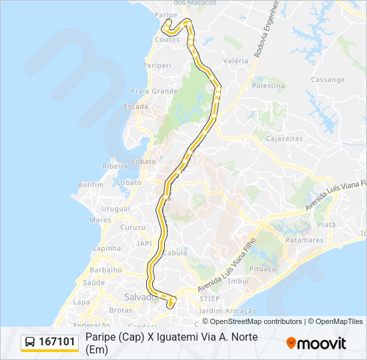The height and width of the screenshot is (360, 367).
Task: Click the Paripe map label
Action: [165, 14]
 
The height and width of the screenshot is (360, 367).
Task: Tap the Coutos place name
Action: [166, 39]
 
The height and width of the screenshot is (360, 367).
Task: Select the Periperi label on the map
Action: [157, 66]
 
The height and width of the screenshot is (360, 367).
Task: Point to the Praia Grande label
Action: [155, 91]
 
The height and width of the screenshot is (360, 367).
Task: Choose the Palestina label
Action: [268, 86]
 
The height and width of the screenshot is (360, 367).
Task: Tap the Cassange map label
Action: [328, 79]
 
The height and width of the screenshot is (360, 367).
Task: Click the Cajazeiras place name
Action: [284, 139]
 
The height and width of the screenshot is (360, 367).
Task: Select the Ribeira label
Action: [115, 166]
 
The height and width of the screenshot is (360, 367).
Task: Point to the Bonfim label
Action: [91, 185]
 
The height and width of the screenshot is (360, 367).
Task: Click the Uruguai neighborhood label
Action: [116, 209]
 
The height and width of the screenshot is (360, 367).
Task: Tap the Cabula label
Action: [175, 253]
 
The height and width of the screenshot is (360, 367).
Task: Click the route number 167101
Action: [57, 342]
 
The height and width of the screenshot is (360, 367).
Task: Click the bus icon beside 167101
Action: [31, 342]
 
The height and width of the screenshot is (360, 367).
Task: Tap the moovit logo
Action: [316, 343]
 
